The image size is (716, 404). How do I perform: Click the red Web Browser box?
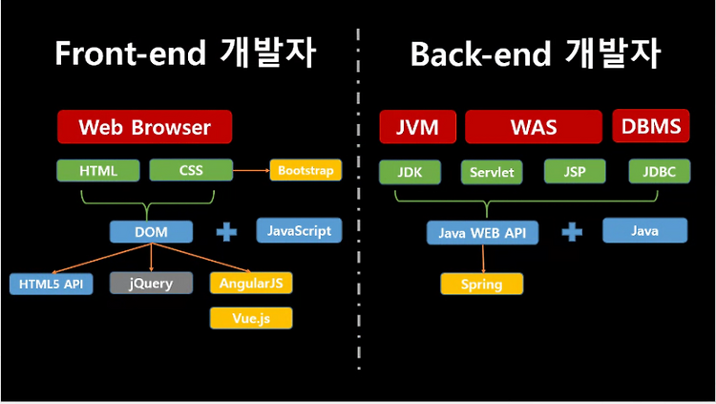click(145, 127)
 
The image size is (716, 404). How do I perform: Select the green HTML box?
click(98, 170)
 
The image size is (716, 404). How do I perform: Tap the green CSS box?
click(191, 170)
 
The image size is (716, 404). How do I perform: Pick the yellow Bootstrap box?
click(305, 170)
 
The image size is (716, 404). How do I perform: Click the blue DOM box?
click(151, 232)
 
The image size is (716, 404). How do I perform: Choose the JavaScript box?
click(299, 230)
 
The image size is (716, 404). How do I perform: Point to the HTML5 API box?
click(52, 284)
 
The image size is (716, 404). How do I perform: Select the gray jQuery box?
click(151, 283)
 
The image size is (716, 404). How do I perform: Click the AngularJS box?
click(251, 283)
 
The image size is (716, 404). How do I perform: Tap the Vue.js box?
click(251, 318)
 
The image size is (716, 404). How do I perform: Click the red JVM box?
click(418, 127)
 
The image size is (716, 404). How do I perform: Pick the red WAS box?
click(534, 127)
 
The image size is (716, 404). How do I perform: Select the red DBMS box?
click(651, 126)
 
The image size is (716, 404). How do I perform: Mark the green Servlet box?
click(492, 172)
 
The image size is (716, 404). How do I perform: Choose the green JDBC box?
click(660, 171)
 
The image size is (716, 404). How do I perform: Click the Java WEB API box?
click(483, 233)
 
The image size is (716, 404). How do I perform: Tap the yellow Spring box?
click(482, 284)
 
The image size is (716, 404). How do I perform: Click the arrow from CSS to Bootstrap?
click(251, 170)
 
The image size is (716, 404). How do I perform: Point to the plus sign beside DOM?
click(226, 232)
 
